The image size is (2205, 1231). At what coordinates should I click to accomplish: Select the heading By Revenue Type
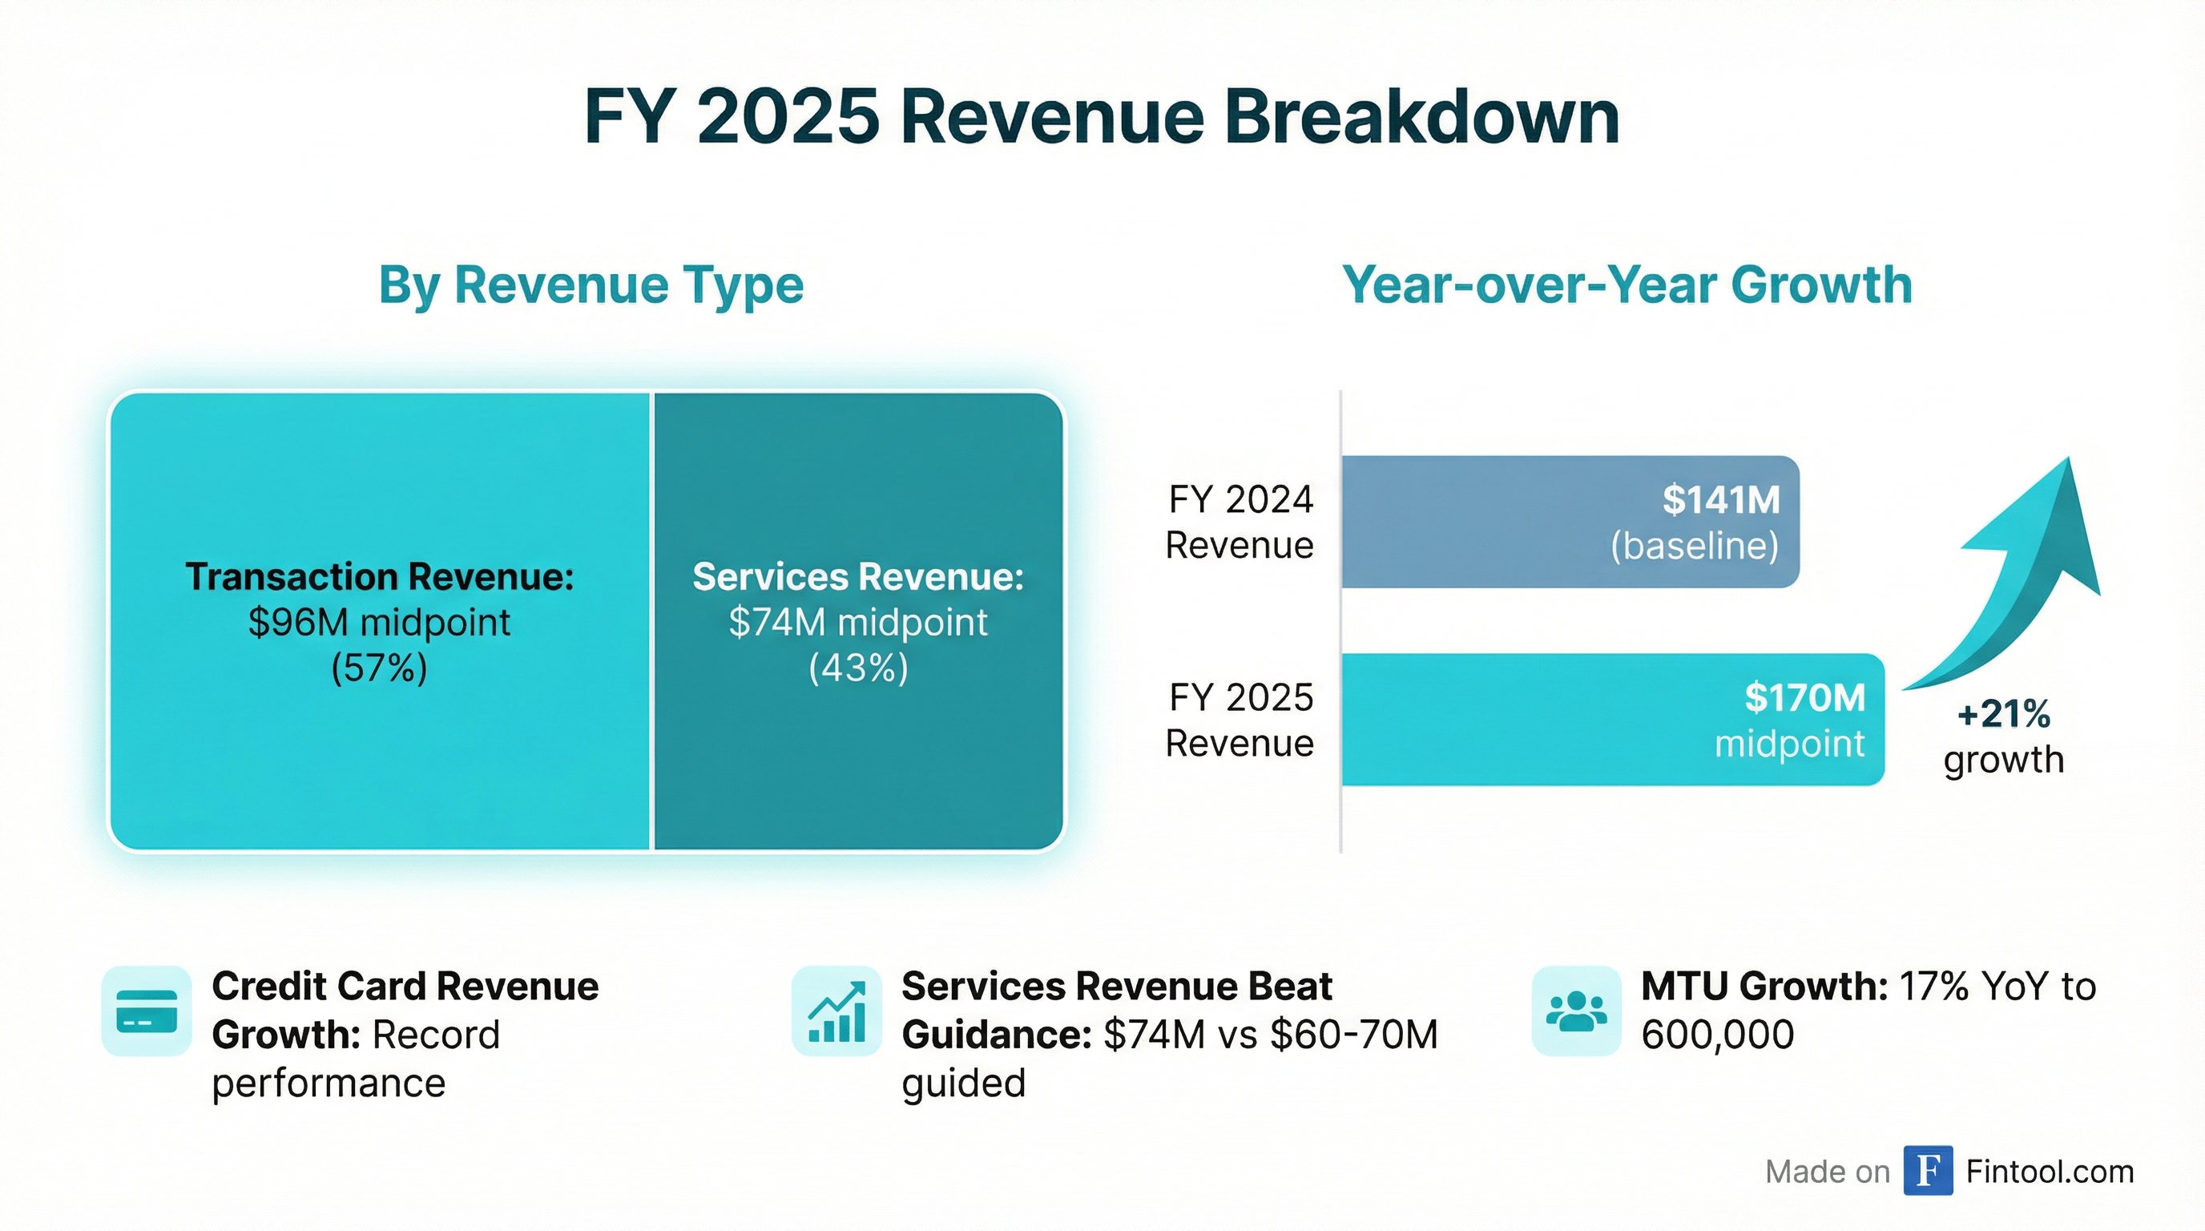pyautogui.click(x=591, y=285)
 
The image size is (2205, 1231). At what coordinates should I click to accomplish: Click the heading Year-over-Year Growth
pyautogui.click(x=1627, y=285)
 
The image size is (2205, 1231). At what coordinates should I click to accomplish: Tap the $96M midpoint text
pyautogui.click(x=379, y=623)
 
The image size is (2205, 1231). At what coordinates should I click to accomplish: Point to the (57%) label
pyautogui.click(x=379, y=668)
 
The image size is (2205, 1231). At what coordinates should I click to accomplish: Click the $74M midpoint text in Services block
pyautogui.click(x=857, y=623)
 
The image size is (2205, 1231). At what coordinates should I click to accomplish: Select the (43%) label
pyautogui.click(x=857, y=668)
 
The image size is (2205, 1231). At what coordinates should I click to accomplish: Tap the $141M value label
pyautogui.click(x=1720, y=500)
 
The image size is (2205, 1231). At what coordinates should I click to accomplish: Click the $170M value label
pyautogui.click(x=1804, y=698)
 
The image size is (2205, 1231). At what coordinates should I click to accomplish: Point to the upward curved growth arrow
pyautogui.click(x=2029, y=582)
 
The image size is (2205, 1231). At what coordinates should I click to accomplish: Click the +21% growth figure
pyautogui.click(x=2003, y=714)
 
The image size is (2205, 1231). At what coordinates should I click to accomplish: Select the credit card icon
pyautogui.click(x=147, y=1011)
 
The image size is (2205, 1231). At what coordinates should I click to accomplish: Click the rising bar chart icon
pyautogui.click(x=836, y=1011)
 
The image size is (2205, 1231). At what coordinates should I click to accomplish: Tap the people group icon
pyautogui.click(x=1576, y=1011)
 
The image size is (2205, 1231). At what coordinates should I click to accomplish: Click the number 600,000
pyautogui.click(x=1717, y=1035)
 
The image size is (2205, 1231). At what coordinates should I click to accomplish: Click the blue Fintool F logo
pyautogui.click(x=1928, y=1170)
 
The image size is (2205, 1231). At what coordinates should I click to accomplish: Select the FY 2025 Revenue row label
pyautogui.click(x=1240, y=720)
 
